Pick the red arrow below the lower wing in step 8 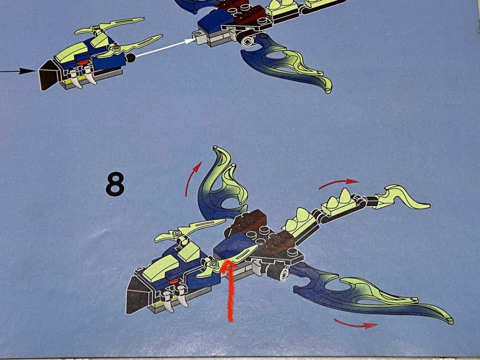coord(355,324)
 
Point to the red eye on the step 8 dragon coord(174,280)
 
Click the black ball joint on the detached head coord(131,57)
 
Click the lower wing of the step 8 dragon coord(368,294)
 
